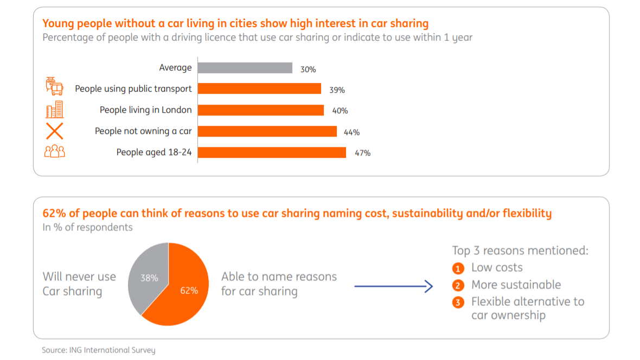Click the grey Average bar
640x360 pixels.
(245, 68)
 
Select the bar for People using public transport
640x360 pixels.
(259, 89)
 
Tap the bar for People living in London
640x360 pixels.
(260, 110)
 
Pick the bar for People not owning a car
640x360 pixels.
(267, 131)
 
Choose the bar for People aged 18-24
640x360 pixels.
(272, 152)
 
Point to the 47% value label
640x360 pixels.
(362, 153)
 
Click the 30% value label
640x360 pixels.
(308, 69)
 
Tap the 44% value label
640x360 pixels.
(351, 132)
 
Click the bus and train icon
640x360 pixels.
(54, 87)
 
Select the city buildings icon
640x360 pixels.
(54, 110)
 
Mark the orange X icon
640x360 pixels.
(54, 131)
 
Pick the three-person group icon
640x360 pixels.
(54, 152)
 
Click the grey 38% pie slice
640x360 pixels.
(148, 274)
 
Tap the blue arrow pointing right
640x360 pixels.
(393, 287)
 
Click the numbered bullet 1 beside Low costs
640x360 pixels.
(458, 268)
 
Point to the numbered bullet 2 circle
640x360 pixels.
(458, 286)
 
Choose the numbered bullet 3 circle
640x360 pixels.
(458, 303)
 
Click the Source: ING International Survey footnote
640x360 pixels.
(98, 350)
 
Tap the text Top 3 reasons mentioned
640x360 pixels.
(520, 250)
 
